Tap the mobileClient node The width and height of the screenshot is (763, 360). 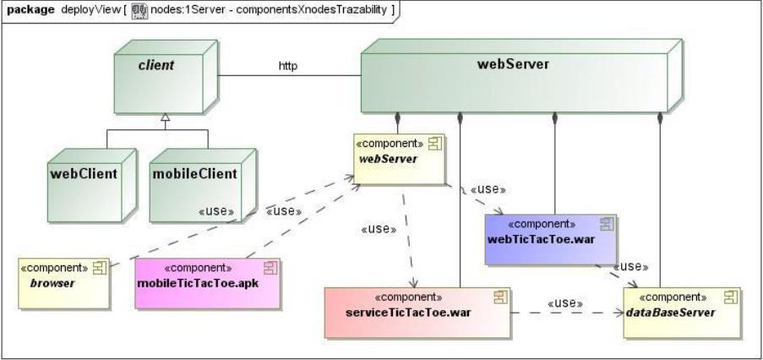[x=195, y=180]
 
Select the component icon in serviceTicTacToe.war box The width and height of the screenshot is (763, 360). [x=499, y=297]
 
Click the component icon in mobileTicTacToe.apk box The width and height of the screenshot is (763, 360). [x=270, y=267]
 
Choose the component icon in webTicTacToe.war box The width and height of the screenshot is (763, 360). [x=606, y=223]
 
